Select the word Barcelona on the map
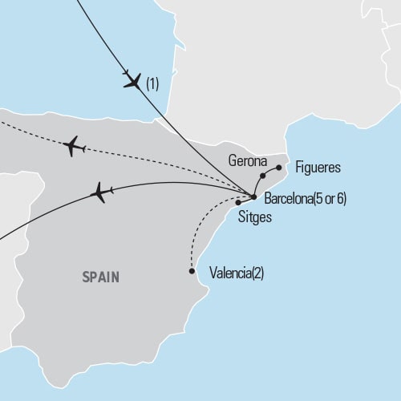[x=288, y=198]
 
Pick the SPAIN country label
[x=100, y=277]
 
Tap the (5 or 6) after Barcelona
[x=332, y=198]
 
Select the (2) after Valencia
[x=257, y=273]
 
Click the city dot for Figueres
[x=278, y=168]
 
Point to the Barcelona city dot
[x=253, y=196]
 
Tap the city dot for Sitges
[x=238, y=202]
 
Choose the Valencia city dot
[x=192, y=271]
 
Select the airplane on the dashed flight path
[x=73, y=146]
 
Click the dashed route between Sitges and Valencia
[x=200, y=229]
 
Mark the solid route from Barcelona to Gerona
[x=257, y=186]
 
